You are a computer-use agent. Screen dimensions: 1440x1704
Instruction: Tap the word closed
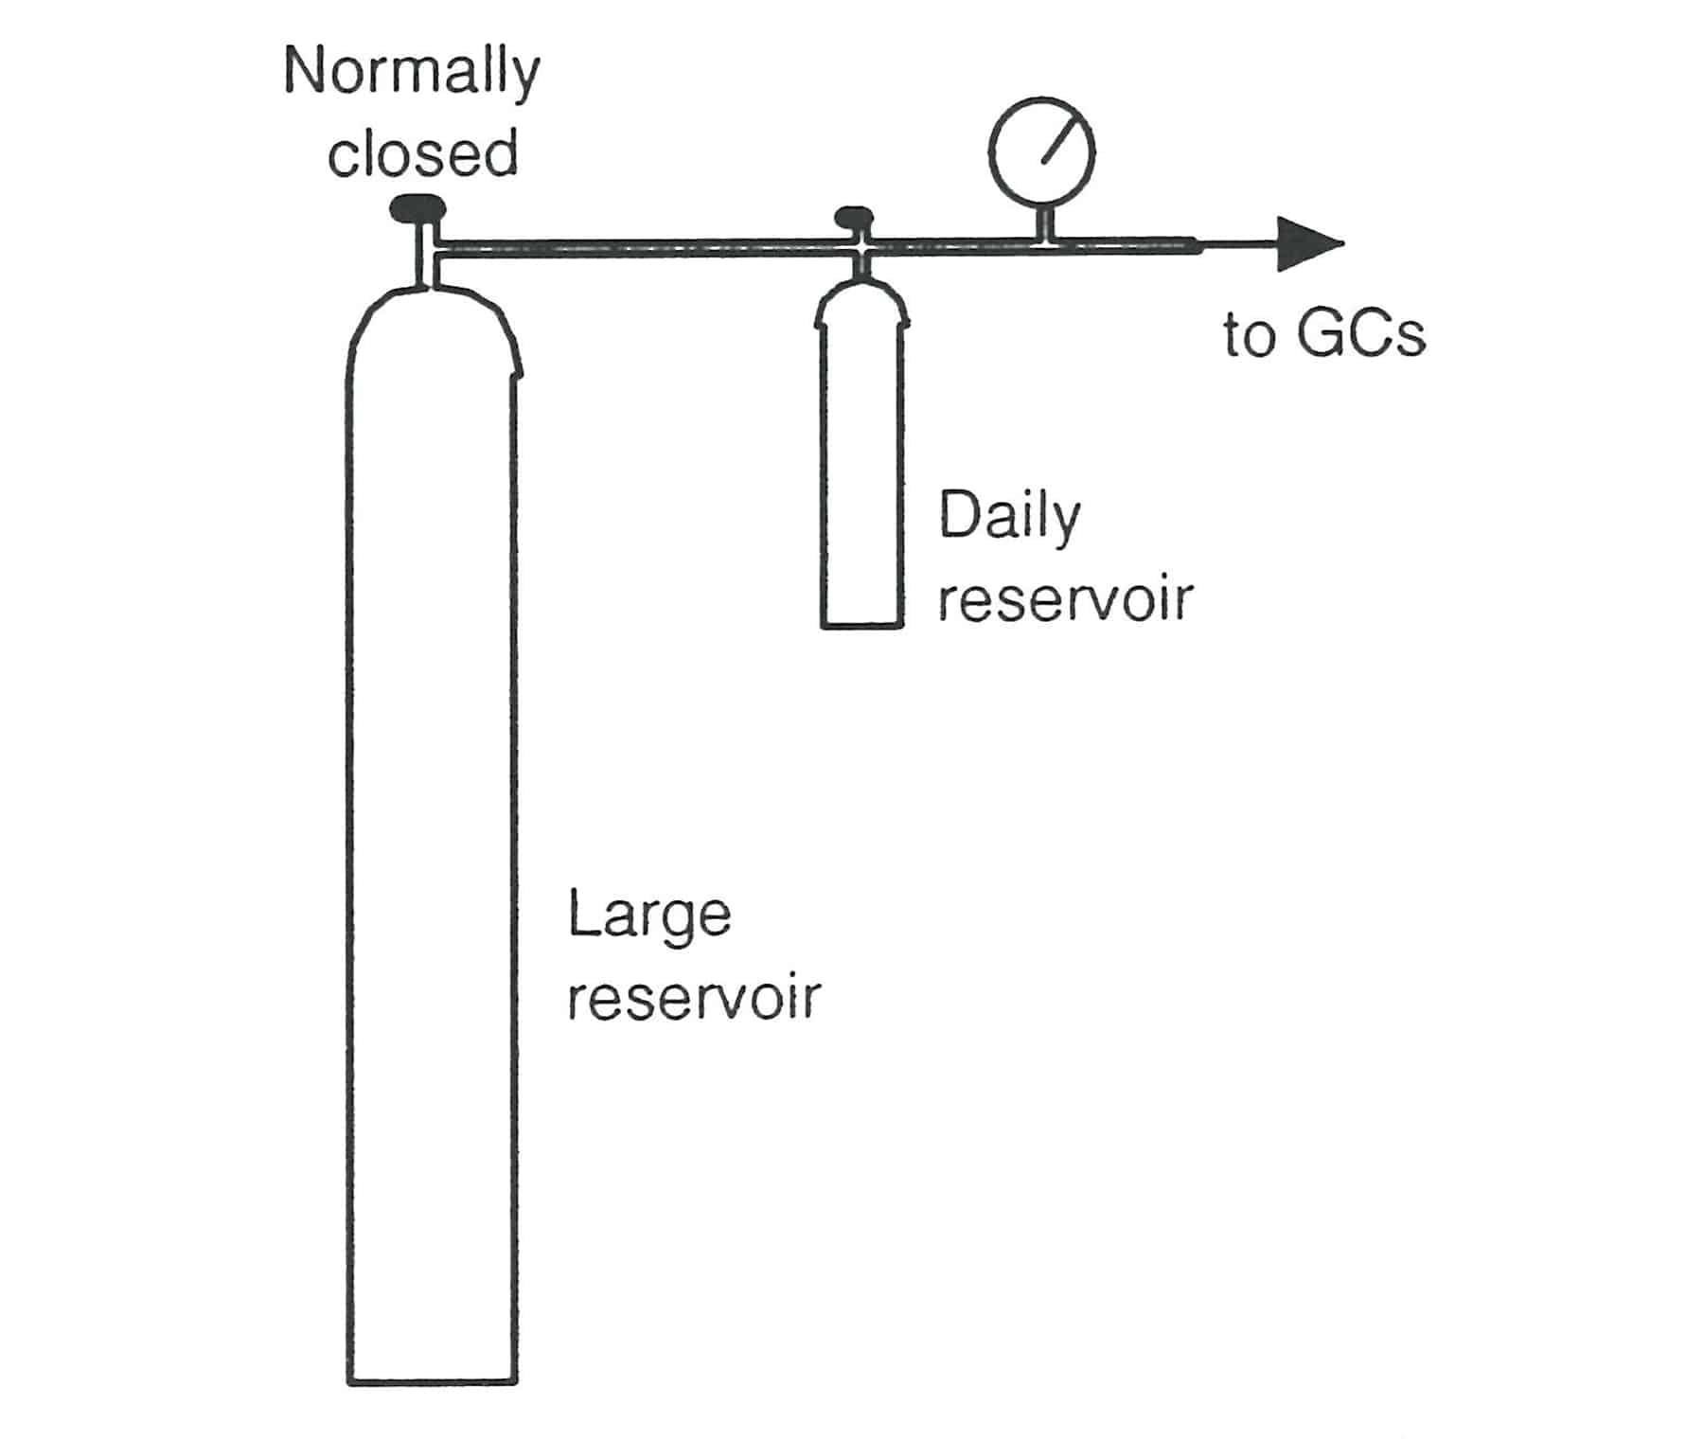422,154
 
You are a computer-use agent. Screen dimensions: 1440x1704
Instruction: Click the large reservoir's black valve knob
417,207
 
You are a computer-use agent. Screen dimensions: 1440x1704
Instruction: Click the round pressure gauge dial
1041,151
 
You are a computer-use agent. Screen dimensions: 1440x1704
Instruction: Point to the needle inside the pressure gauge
1060,139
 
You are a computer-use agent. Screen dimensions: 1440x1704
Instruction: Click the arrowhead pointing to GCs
1308,244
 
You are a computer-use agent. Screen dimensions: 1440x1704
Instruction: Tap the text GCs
1360,335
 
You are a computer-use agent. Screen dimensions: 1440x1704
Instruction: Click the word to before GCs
1249,336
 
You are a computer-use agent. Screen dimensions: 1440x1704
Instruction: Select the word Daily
1009,518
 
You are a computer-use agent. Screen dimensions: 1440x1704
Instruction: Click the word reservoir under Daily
1065,599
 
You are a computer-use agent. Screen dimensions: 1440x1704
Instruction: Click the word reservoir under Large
694,998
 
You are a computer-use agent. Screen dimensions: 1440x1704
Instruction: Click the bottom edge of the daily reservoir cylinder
861,626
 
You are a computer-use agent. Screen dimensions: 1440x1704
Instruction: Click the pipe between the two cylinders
644,248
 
